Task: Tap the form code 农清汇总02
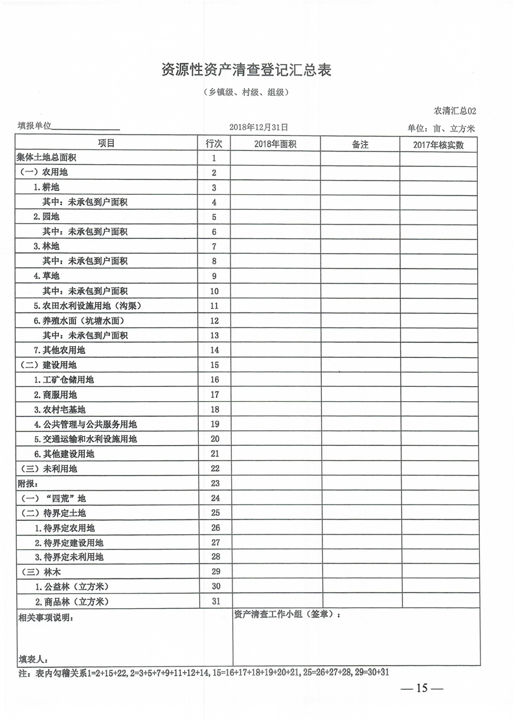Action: point(454,111)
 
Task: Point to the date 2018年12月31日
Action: point(258,128)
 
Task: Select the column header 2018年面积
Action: point(275,144)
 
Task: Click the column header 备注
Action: point(360,144)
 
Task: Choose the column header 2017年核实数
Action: point(439,144)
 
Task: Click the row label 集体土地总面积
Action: point(47,158)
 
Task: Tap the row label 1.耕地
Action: point(46,188)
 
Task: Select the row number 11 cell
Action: point(214,306)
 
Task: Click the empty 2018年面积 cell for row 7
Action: point(275,247)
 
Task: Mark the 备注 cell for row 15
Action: point(360,365)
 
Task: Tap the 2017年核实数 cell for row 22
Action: point(439,468)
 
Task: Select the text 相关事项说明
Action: point(45,618)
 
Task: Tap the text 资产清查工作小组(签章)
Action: point(286,615)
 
